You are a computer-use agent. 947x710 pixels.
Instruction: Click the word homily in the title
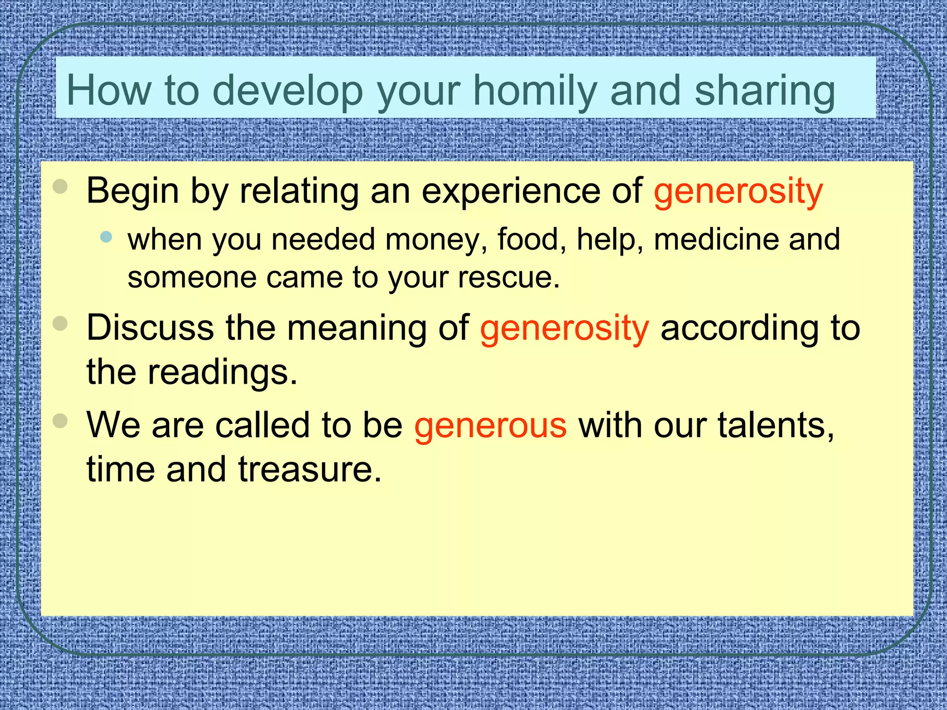tap(536, 91)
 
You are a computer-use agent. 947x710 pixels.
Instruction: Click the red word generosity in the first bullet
tap(738, 191)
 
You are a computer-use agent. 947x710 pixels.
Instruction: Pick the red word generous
tap(490, 425)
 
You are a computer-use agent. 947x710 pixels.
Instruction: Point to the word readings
tap(222, 373)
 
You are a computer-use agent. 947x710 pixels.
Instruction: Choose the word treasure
tap(310, 470)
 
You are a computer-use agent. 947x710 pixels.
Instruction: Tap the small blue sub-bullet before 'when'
tap(106, 237)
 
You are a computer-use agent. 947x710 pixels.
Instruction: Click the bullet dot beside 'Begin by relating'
tap(60, 187)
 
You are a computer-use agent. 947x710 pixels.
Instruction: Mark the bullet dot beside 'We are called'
tap(60, 421)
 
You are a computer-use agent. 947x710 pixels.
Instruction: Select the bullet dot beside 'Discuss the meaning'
tap(60, 324)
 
